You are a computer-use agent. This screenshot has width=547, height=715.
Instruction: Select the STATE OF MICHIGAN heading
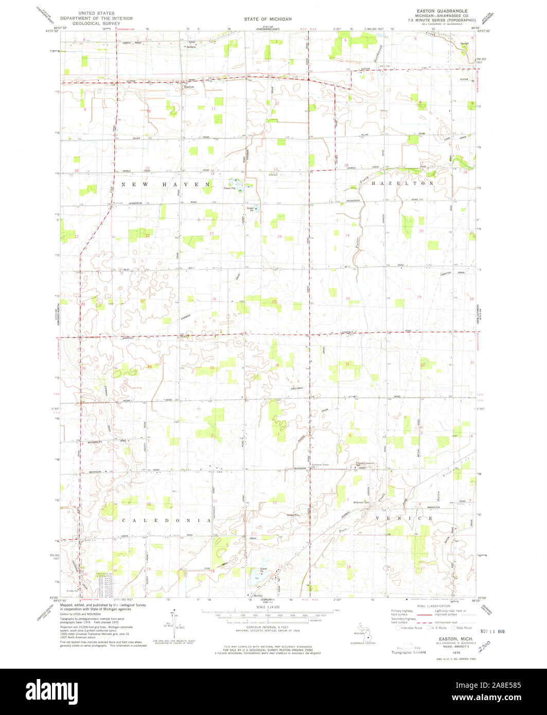click(x=268, y=19)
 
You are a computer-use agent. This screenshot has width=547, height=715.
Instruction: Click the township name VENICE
click(x=404, y=518)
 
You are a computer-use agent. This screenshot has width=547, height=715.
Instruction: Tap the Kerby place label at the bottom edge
click(x=258, y=596)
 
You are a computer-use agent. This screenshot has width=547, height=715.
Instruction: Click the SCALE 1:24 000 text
click(x=269, y=607)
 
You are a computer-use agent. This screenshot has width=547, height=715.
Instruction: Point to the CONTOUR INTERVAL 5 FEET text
click(x=269, y=627)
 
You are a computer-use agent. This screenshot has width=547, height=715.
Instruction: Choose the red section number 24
click(x=279, y=236)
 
